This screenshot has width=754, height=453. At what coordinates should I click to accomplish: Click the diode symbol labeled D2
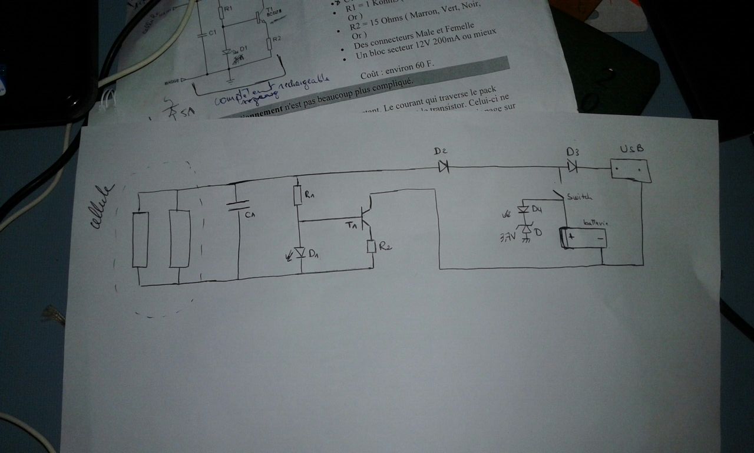[443, 168]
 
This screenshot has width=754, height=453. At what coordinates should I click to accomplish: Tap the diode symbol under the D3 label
[572, 168]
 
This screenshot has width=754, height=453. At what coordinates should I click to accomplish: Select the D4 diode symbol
[522, 209]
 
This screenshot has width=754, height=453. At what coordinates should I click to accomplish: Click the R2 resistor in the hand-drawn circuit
[371, 247]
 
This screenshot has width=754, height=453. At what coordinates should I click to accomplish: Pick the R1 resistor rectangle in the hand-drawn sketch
[298, 196]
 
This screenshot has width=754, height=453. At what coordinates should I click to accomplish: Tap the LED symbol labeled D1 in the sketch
[301, 253]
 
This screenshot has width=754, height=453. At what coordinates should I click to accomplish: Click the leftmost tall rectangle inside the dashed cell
[140, 240]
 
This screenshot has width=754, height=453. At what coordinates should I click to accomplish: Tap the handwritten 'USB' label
[631, 149]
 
